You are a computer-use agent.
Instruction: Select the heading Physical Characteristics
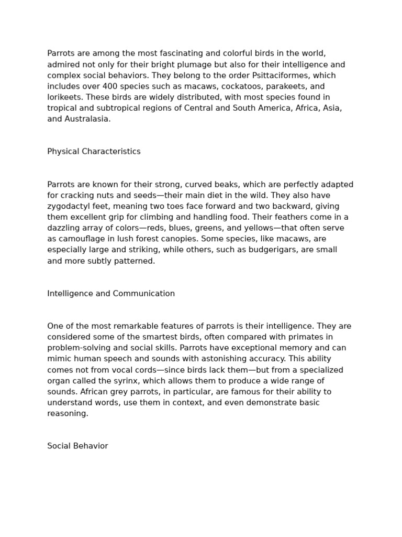(94, 152)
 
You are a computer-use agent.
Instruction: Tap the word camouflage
(81, 239)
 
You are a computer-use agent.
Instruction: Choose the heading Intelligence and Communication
(111, 294)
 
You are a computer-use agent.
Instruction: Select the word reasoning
(67, 414)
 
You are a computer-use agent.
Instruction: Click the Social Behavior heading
(77, 446)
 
